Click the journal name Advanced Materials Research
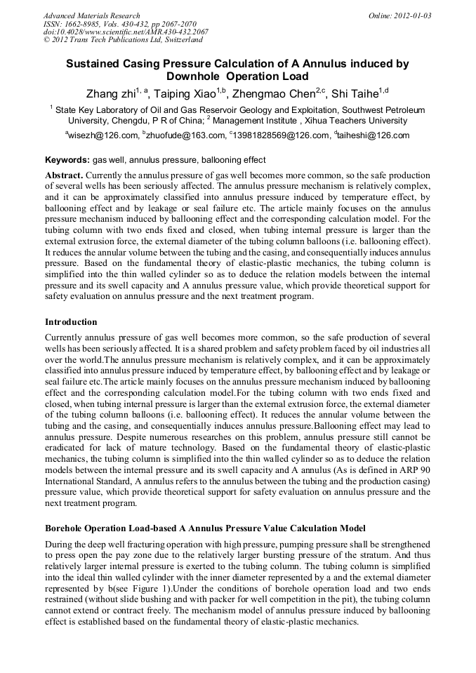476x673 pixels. [91, 15]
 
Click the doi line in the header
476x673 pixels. [126, 32]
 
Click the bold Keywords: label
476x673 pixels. [67, 160]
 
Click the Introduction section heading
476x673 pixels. [71, 322]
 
